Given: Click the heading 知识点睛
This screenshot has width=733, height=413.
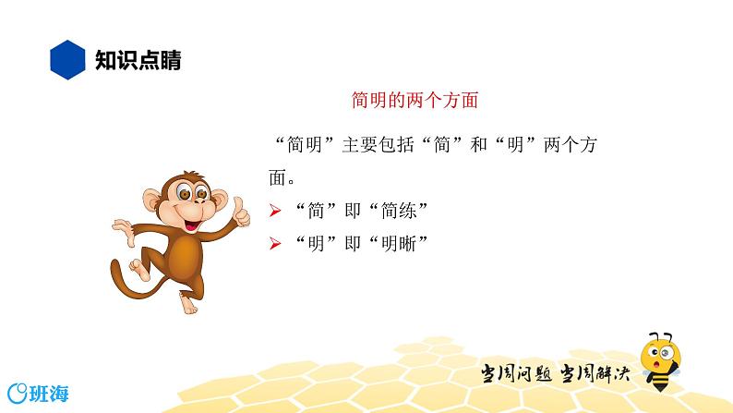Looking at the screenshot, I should click(x=138, y=61).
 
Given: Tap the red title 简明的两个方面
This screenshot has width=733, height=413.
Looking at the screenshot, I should click(x=415, y=99).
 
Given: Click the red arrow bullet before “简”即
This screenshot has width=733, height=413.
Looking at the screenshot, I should click(x=273, y=212).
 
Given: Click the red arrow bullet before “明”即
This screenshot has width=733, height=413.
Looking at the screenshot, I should click(x=273, y=245).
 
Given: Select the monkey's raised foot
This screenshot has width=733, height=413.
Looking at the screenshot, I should click(x=139, y=271).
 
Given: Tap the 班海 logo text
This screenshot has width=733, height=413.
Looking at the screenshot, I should click(x=43, y=391).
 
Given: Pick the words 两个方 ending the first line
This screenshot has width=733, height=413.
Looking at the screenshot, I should click(x=578, y=145).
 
